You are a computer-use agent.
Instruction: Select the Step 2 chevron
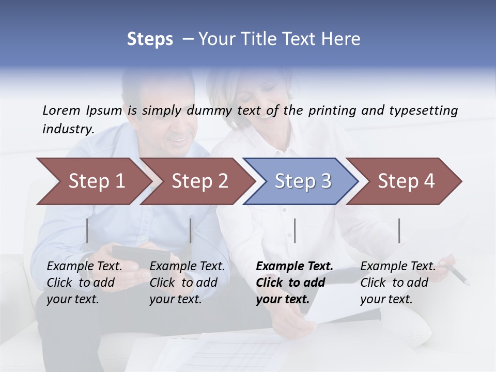199,181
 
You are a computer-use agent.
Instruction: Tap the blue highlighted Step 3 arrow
303,181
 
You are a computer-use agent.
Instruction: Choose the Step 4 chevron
406,181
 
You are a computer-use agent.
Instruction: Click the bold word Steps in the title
150,39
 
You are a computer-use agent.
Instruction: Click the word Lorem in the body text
61,110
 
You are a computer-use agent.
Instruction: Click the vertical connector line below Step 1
87,230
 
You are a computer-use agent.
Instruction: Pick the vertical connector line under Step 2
191,230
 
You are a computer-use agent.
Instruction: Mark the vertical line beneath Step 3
295,230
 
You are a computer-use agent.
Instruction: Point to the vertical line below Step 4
399,230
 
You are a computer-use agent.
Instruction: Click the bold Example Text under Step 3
295,267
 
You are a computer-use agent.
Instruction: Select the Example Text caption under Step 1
84,267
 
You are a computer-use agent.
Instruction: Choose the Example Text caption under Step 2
187,267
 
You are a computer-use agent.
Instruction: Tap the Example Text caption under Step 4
398,267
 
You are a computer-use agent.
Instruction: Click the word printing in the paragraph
332,111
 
